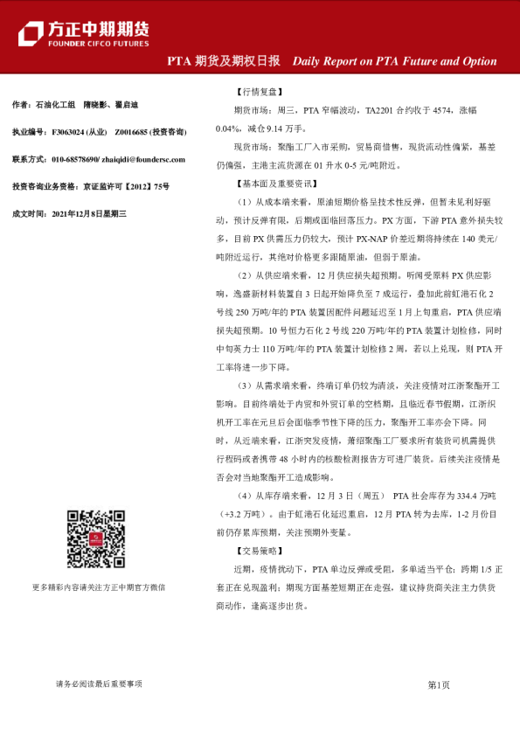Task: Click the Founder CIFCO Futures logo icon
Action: (31, 32)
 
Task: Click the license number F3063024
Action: (69, 132)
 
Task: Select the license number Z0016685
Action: (132, 132)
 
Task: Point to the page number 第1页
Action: (438, 685)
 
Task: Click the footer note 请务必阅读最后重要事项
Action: (98, 685)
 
